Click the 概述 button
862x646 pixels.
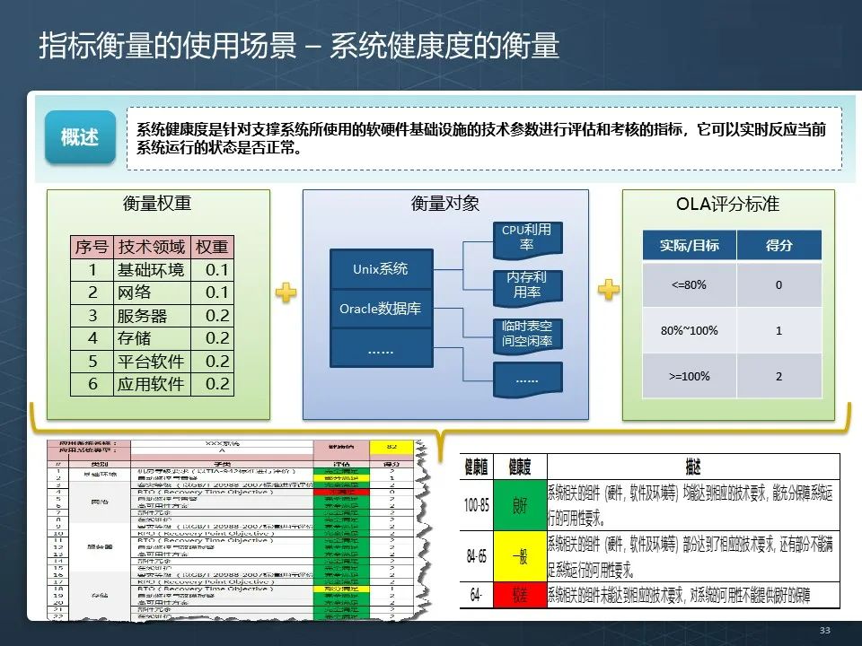pyautogui.click(x=81, y=137)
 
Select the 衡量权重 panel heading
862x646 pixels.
pyautogui.click(x=157, y=204)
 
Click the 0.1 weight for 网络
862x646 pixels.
pyautogui.click(x=216, y=293)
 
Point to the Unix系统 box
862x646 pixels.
pyautogui.click(x=382, y=269)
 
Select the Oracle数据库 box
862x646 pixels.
pyautogui.click(x=382, y=310)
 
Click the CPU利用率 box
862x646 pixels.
pyautogui.click(x=526, y=238)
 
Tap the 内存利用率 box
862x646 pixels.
pyautogui.click(x=526, y=285)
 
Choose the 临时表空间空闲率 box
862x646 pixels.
pyautogui.click(x=526, y=334)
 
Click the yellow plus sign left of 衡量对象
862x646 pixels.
pyautogui.click(x=286, y=292)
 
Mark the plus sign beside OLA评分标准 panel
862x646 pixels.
pyautogui.click(x=609, y=289)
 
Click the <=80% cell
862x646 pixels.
pyautogui.click(x=690, y=285)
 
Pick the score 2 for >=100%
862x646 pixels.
pyautogui.click(x=778, y=376)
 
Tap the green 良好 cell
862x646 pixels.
pyautogui.click(x=520, y=505)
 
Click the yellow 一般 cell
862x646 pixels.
pyautogui.click(x=520, y=557)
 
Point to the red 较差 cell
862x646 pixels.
pyautogui.click(x=520, y=595)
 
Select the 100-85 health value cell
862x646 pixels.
pyautogui.click(x=477, y=505)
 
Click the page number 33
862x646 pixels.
pyautogui.click(x=824, y=631)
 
